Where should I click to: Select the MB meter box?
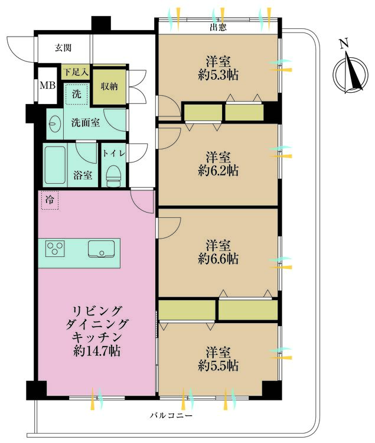47,85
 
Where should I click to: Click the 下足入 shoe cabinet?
76,73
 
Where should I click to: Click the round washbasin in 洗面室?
55,124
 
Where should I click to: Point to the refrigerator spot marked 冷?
50,200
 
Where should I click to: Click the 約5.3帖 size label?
218,75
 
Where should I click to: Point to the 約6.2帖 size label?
218,171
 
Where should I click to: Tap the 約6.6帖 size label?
218,259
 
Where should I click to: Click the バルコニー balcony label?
171,416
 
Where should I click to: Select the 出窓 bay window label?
219,27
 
